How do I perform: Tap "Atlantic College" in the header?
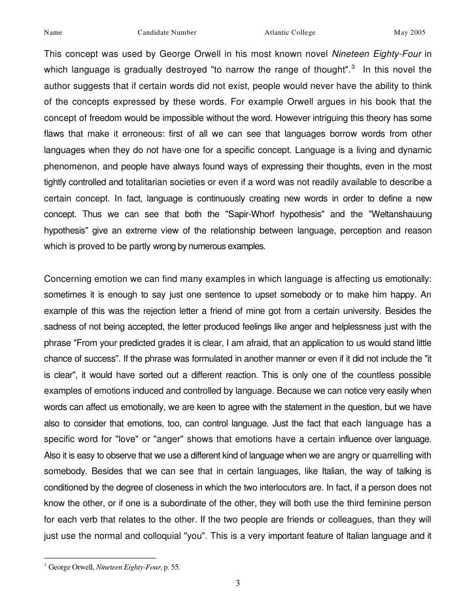coord(290,32)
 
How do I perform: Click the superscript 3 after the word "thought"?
coord(353,67)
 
